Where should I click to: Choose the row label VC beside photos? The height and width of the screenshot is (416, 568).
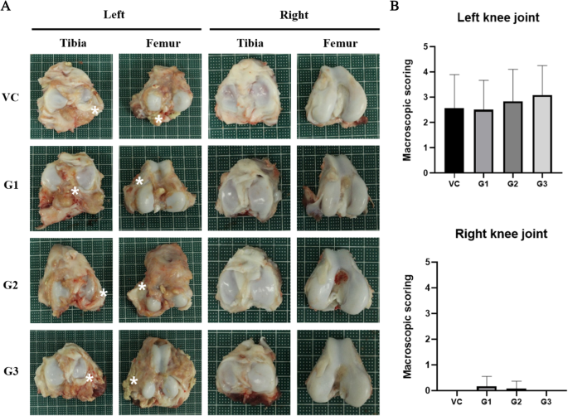click(x=13, y=94)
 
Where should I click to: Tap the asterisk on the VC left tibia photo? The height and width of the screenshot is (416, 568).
click(x=95, y=109)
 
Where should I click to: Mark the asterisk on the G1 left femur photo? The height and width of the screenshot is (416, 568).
click(x=139, y=181)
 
